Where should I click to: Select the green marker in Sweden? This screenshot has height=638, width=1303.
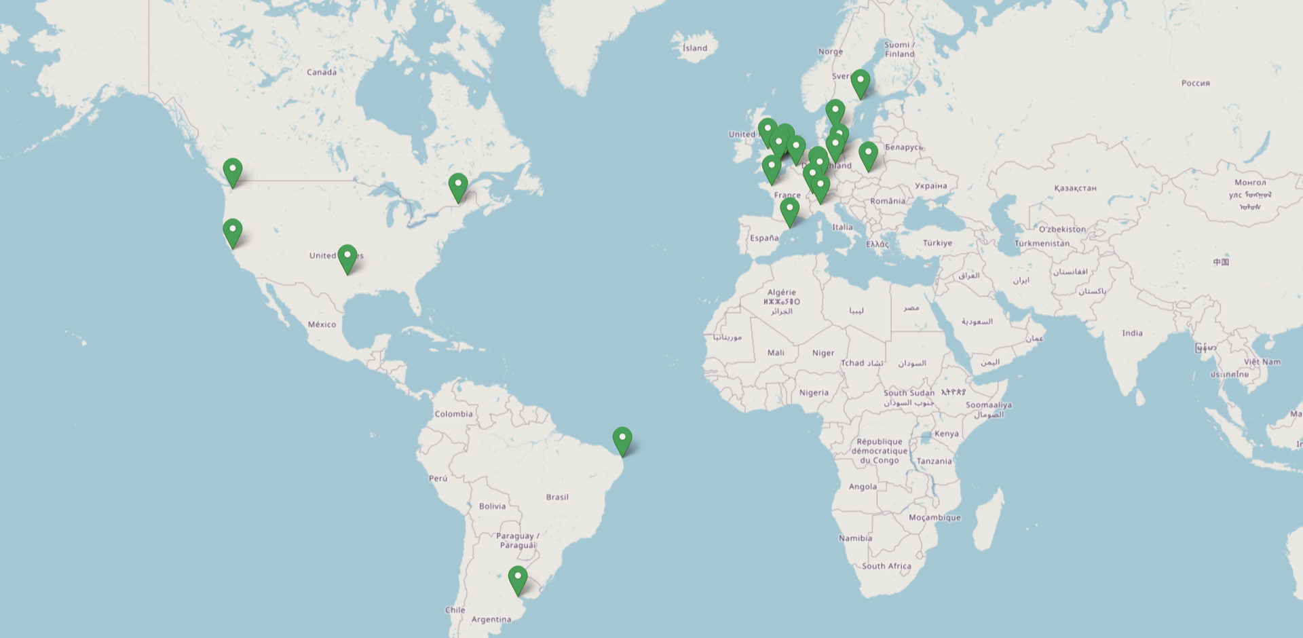pos(861,83)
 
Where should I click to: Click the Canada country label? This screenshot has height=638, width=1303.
pos(322,72)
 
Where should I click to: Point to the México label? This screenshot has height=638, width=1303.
pos(322,324)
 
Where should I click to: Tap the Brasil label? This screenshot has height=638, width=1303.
pos(557,497)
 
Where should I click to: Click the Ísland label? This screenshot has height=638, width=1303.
pos(694,48)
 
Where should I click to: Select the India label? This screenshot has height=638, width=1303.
pos(1132,333)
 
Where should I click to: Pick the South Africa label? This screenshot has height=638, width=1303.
pos(886,566)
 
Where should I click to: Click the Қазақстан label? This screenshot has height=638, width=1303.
pos(1075,188)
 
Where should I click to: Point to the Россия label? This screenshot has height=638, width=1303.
pos(1195,83)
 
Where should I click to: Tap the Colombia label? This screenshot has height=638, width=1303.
pos(453,414)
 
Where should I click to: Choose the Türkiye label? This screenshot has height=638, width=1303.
pos(937,243)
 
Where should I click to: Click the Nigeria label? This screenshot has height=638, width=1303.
pos(814,393)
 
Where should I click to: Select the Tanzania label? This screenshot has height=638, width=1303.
pos(934,462)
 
